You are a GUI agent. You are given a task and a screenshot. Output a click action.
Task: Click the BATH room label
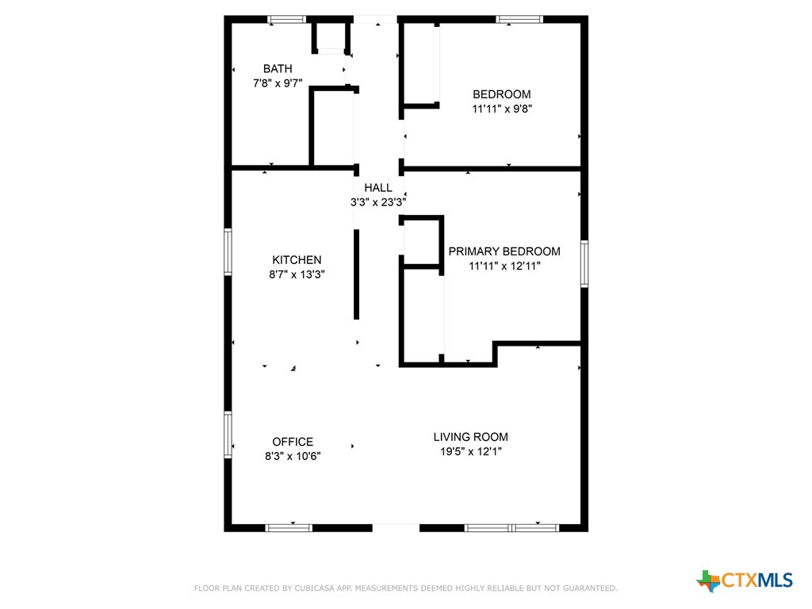click(x=278, y=69)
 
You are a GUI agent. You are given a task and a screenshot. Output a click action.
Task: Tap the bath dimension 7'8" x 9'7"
click(x=278, y=83)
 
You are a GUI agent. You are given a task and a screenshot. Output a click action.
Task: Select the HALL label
click(x=378, y=188)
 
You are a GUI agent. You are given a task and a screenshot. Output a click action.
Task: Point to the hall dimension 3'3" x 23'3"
click(x=378, y=202)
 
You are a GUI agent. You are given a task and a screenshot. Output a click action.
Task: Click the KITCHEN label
click(x=297, y=260)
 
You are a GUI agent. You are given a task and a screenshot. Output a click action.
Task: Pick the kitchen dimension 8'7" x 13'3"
click(x=297, y=274)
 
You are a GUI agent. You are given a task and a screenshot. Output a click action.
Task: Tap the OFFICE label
click(x=293, y=442)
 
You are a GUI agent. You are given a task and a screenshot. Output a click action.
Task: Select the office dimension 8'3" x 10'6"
click(x=293, y=456)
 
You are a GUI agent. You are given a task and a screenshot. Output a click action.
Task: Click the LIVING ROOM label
click(x=471, y=437)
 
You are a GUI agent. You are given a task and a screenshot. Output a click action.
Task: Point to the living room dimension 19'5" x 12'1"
click(x=471, y=451)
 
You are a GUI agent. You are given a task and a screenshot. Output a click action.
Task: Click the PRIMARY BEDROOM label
click(x=504, y=251)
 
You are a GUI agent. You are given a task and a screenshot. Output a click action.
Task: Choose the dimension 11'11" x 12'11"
click(x=504, y=266)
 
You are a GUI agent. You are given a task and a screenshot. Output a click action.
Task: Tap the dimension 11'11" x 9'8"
click(x=502, y=109)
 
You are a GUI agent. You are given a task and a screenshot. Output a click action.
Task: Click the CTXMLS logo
click(x=745, y=580)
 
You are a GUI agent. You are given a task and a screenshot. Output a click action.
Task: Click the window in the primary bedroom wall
click(x=584, y=263)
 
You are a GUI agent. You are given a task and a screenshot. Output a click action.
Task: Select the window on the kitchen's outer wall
click(x=228, y=251)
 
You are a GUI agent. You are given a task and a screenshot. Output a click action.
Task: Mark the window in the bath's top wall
click(x=287, y=20)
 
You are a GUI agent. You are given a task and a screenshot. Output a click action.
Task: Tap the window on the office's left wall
click(x=228, y=435)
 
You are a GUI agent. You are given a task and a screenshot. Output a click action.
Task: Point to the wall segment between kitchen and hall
click(x=356, y=274)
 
